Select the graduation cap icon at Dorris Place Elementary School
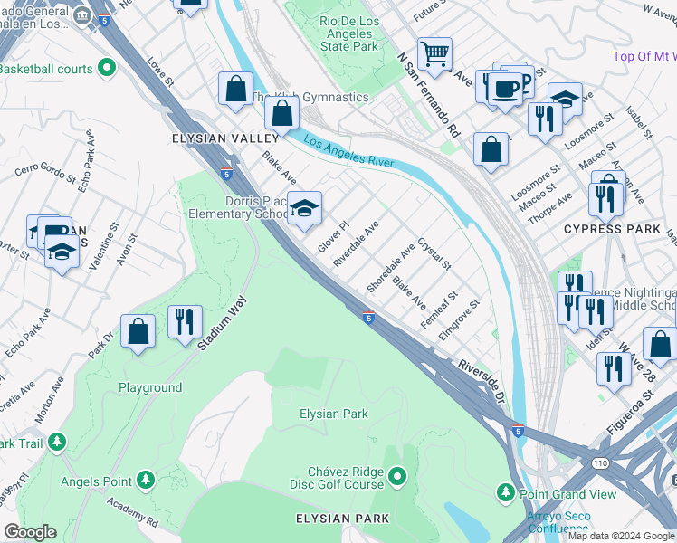(305, 208)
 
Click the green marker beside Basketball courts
(107, 67)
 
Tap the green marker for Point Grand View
(506, 493)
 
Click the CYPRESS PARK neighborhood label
(612, 229)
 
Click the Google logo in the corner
(30, 532)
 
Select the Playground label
(150, 387)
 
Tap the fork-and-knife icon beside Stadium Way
(184, 322)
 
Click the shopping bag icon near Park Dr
(138, 331)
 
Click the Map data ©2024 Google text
(620, 536)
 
